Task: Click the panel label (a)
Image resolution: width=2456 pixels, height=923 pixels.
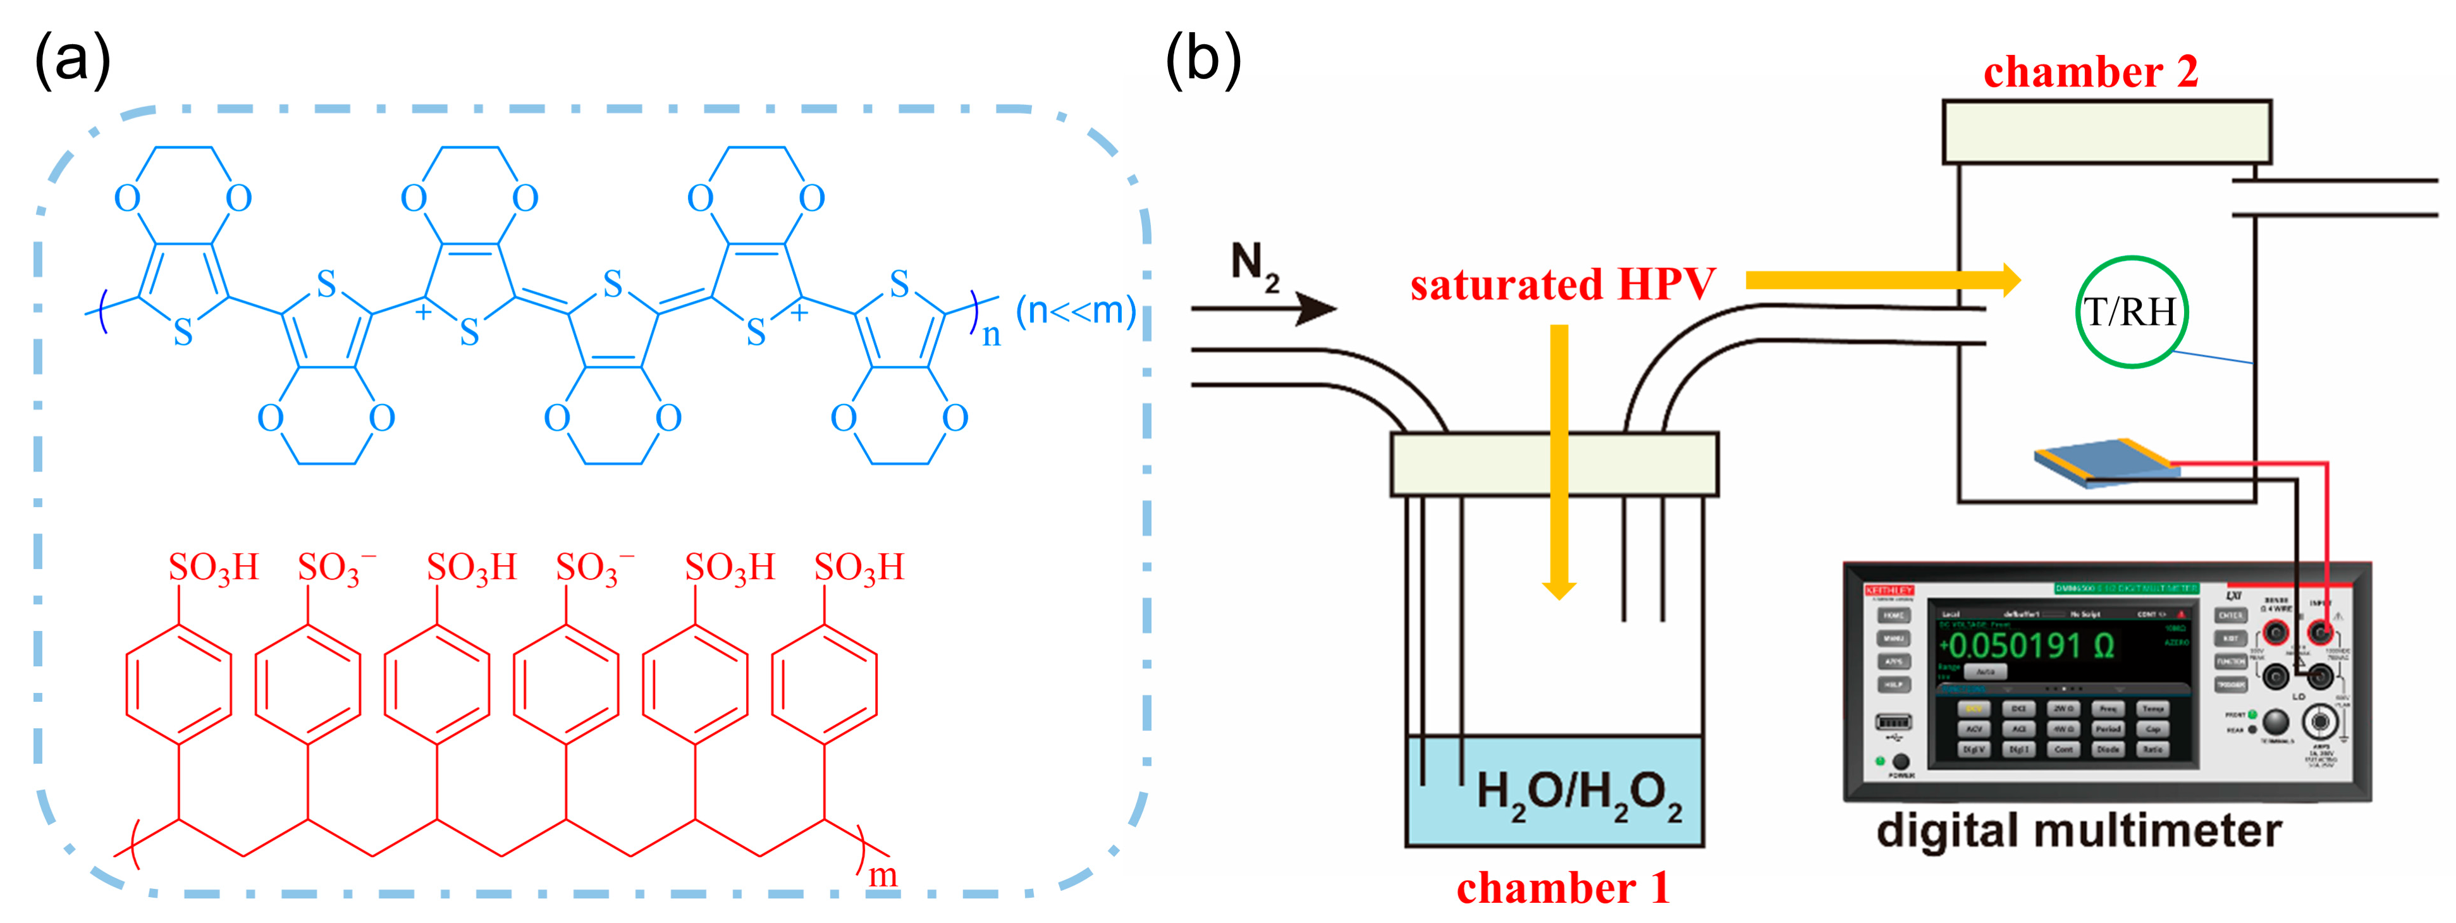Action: tap(73, 59)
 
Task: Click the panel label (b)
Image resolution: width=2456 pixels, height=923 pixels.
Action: tap(1203, 59)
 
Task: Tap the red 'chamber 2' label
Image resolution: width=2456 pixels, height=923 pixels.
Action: tap(2090, 73)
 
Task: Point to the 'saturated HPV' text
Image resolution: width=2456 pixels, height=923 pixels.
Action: tap(1562, 284)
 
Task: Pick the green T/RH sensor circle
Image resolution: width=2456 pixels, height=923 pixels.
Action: tap(2131, 312)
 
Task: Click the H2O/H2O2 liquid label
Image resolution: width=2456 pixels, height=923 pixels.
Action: tap(1578, 794)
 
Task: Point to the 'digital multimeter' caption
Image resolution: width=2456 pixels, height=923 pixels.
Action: tap(2078, 831)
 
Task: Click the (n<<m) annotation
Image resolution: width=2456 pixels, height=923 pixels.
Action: tap(1076, 310)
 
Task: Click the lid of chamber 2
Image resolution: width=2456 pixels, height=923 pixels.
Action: tap(2106, 131)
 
